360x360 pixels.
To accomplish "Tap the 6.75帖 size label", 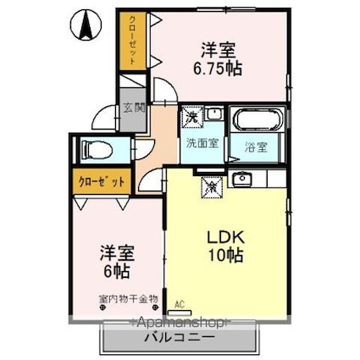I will point(221,68).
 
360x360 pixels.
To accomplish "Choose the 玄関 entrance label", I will point(132,108).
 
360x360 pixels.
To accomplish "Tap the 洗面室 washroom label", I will point(202,143).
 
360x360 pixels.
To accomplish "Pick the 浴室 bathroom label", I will point(257,146).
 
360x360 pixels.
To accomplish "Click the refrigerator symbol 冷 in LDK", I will point(208,181).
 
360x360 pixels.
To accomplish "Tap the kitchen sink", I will point(243,178).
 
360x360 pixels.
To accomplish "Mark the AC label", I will point(179,302).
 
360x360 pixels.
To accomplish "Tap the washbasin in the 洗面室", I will point(213,114).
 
